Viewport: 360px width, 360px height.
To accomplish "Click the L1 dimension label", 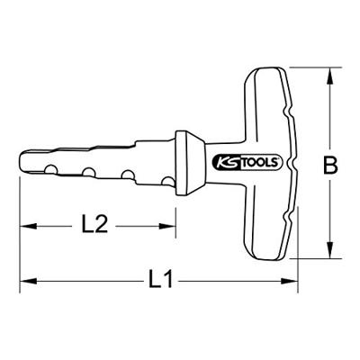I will click(160, 280).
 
